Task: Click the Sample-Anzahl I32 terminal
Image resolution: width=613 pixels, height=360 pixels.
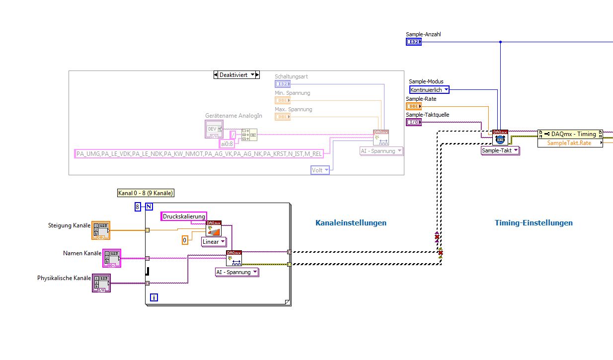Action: coord(413,42)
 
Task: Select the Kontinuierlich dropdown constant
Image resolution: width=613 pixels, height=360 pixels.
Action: coord(429,90)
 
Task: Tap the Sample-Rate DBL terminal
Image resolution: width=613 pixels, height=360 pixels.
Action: coord(413,106)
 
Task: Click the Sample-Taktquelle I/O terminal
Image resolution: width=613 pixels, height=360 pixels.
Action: coord(413,122)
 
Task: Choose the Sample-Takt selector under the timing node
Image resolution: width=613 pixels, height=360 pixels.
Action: coord(500,150)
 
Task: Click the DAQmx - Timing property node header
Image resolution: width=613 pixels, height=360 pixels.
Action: coord(570,134)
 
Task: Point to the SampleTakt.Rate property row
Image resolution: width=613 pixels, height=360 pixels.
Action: coord(569,143)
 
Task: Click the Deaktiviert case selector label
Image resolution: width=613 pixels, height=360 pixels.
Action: coord(236,75)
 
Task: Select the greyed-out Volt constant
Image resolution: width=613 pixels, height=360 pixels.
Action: coord(320,170)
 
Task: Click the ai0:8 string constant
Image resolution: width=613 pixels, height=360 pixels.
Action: coord(227,144)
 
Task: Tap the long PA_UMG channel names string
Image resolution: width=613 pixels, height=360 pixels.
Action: coord(199,154)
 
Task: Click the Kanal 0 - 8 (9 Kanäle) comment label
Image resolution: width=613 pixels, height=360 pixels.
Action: coord(146,193)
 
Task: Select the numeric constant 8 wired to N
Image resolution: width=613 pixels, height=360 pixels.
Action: coord(138,207)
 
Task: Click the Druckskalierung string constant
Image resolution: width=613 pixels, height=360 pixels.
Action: coord(184,216)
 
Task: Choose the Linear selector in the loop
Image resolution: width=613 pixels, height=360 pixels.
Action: coord(214,242)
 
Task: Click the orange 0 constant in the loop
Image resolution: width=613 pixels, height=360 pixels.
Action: coord(185,240)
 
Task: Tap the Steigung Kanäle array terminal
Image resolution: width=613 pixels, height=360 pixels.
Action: coord(101,231)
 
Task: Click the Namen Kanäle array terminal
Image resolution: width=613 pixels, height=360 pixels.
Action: coord(111,258)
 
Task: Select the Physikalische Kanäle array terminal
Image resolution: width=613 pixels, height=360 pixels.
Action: coord(101,283)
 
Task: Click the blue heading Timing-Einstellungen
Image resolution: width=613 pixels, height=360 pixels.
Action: coord(534,223)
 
